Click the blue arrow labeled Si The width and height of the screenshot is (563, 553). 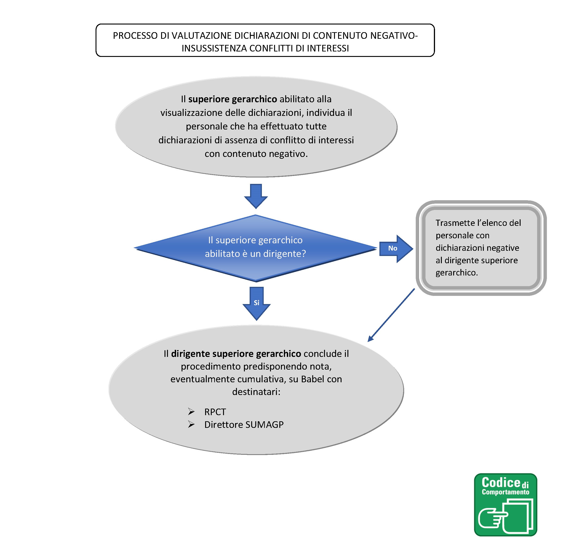coord(256,303)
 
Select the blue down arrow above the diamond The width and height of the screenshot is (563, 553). coord(256,195)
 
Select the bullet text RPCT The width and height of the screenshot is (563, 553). coord(215,412)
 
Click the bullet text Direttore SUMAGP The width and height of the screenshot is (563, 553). coord(243,425)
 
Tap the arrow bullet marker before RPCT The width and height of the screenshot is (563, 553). coord(191,412)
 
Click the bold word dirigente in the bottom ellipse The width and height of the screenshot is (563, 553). coord(190,353)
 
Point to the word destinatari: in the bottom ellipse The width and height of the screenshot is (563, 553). coord(256,392)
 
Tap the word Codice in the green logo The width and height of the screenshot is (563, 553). coord(501,483)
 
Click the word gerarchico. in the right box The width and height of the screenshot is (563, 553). coord(456,273)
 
